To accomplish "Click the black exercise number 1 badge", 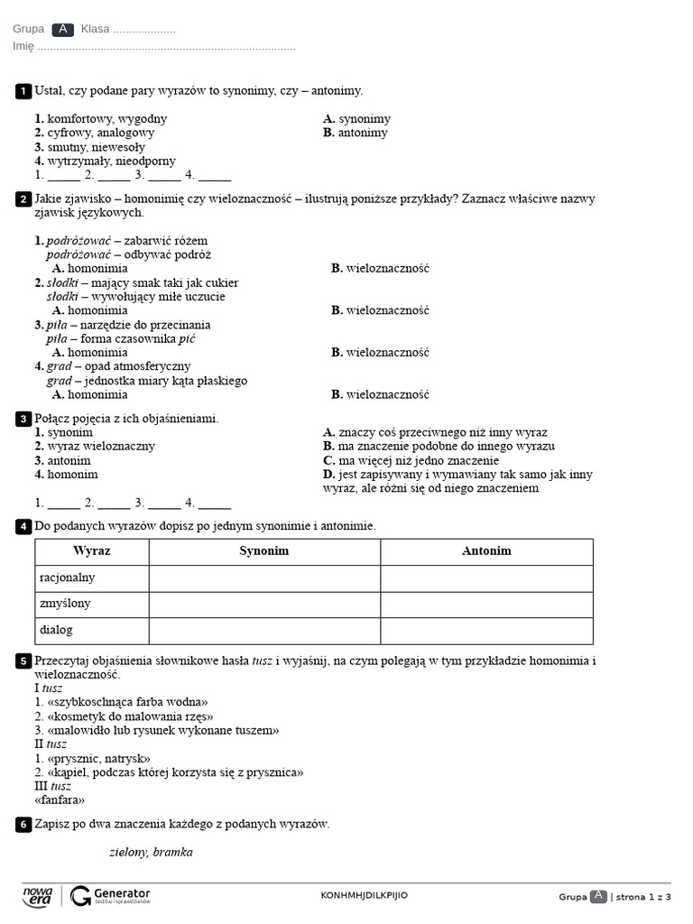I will coord(23,91).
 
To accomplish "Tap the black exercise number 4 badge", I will coord(23,526).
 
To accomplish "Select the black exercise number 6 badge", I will coord(23,825).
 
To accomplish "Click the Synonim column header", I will coord(264,551).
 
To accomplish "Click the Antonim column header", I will coord(486,551).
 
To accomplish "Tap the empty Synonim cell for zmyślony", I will coord(264,604).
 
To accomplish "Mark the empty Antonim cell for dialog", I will coord(486,630).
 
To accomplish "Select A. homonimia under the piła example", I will coord(89,353).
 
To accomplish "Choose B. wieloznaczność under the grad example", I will coord(380,394).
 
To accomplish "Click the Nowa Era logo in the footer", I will coord(38,895).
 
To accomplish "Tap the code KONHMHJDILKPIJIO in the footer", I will coord(364,895).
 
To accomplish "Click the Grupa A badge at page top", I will coord(62,29).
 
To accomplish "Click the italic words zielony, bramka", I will coord(151,853).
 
